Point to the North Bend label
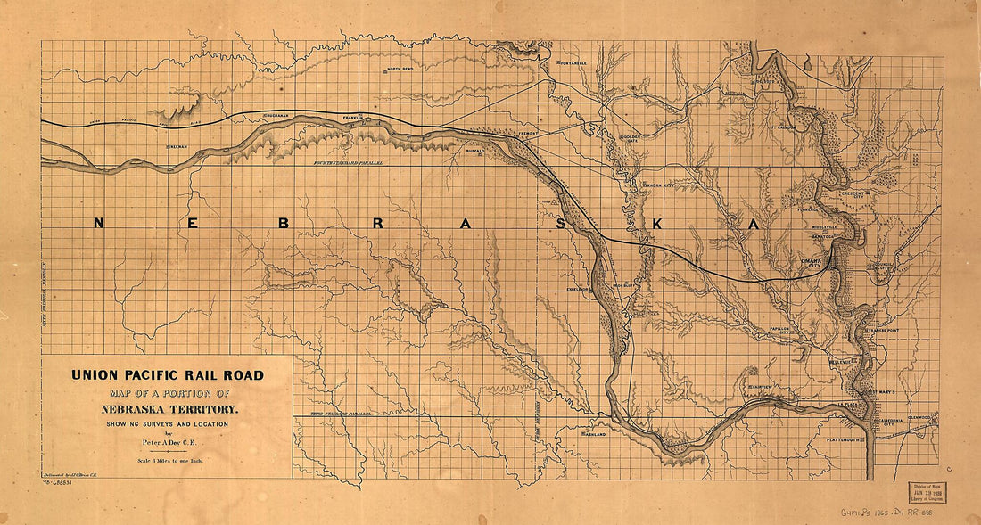(x=400, y=70)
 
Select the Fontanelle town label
(x=571, y=64)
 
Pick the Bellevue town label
(x=842, y=362)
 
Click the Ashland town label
(x=594, y=434)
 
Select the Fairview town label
(x=760, y=387)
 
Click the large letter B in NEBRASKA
(x=284, y=224)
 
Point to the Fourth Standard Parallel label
(x=348, y=165)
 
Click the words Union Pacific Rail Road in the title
(x=168, y=375)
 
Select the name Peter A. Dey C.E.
(x=168, y=441)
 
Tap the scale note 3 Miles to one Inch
(x=168, y=461)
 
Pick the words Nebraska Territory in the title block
(x=168, y=409)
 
